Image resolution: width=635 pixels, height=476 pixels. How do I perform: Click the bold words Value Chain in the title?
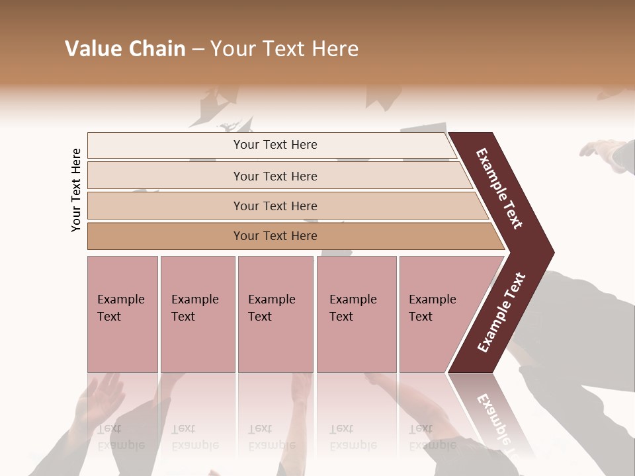click(125, 49)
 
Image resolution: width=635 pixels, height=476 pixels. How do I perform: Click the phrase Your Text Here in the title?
click(284, 49)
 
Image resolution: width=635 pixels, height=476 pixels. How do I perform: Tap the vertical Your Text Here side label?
click(76, 190)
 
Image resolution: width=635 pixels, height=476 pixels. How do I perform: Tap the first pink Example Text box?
click(122, 314)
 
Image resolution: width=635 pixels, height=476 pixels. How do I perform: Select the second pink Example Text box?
click(197, 314)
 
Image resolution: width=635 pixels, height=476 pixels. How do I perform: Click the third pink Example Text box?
click(275, 314)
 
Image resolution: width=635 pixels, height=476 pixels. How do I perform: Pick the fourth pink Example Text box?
click(356, 314)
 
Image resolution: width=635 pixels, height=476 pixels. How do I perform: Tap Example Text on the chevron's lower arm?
click(501, 312)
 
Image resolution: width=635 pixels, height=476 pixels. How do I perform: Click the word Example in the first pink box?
click(120, 299)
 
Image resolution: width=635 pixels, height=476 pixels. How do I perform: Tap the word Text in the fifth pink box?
click(421, 317)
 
